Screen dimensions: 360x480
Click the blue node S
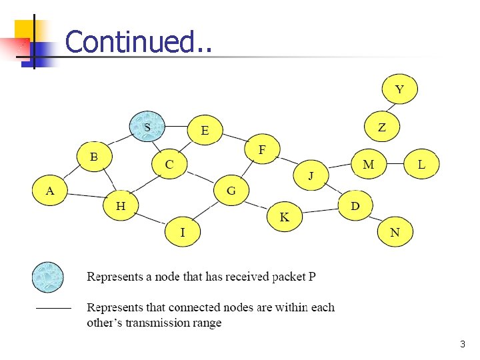click(x=147, y=126)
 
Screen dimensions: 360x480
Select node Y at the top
click(x=400, y=89)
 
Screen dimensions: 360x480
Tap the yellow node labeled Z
click(x=382, y=127)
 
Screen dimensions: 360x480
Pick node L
click(x=421, y=164)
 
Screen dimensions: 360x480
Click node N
click(x=395, y=232)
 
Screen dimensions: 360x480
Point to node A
click(x=50, y=191)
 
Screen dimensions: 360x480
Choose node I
click(x=183, y=232)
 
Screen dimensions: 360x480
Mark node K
click(x=285, y=217)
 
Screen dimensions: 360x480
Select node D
click(x=355, y=206)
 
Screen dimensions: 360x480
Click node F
click(x=262, y=150)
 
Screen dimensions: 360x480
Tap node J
click(x=311, y=175)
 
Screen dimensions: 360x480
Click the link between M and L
click(x=395, y=164)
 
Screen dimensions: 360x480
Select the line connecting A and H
click(x=85, y=197)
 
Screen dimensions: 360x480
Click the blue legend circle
click(x=48, y=277)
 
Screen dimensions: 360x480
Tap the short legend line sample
click(x=53, y=309)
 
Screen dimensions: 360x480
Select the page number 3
click(x=462, y=345)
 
